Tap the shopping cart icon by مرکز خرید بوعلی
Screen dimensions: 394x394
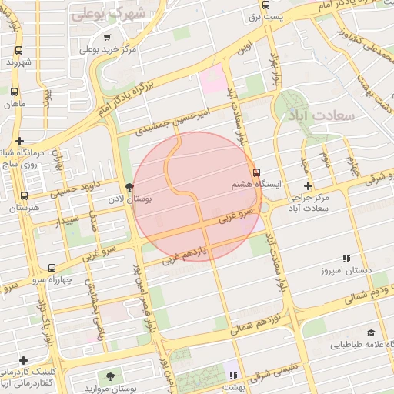(106, 37)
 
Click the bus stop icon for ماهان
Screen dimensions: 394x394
(13, 91)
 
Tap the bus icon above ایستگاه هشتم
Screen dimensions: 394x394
(256, 172)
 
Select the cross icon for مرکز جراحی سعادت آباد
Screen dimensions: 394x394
(309, 185)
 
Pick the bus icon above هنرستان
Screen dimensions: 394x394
(24, 195)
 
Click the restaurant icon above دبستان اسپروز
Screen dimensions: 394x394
(346, 259)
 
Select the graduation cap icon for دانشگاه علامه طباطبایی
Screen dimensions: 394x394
(371, 333)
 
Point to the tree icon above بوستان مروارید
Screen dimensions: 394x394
(111, 376)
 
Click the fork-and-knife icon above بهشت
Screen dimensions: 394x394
(233, 376)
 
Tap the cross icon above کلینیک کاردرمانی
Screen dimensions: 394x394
(24, 360)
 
